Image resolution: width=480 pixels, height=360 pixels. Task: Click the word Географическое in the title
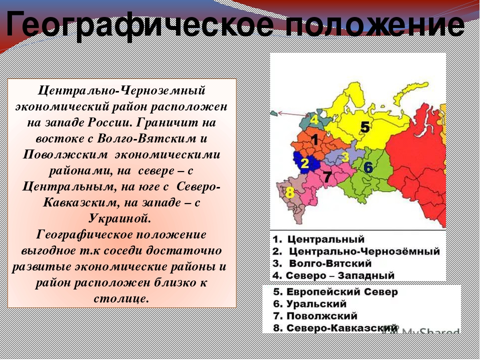[x=139, y=25]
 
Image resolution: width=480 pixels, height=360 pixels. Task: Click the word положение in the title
[x=375, y=24]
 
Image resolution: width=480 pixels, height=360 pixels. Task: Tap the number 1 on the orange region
[x=314, y=139]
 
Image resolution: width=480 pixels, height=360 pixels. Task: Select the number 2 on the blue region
[x=304, y=163]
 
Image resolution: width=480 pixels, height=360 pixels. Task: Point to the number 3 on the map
[x=345, y=156]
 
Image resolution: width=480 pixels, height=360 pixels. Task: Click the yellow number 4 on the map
[x=314, y=119]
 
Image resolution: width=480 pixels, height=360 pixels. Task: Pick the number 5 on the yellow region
[x=364, y=126]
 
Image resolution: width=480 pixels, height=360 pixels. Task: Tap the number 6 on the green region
[x=368, y=167]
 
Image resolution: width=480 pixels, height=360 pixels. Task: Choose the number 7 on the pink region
[x=327, y=177]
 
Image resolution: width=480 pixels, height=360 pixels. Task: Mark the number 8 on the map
[x=289, y=193]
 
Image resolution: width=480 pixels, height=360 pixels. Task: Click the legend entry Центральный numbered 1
[x=318, y=239]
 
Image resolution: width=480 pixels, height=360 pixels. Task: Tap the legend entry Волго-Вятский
[x=322, y=263]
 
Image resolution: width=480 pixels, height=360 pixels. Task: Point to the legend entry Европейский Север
[x=335, y=292]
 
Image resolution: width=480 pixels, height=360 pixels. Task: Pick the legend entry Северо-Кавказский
[x=335, y=328]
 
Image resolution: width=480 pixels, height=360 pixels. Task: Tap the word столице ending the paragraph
[x=121, y=298]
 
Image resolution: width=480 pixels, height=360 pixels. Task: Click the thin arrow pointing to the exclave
[x=293, y=114]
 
